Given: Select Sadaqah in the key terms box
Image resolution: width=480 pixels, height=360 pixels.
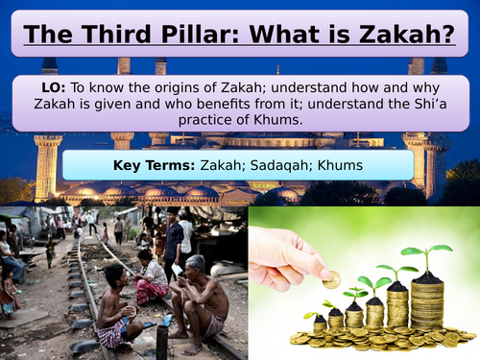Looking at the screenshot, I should [x=283, y=165].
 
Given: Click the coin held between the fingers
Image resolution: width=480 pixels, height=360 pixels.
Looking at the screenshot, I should [x=332, y=280].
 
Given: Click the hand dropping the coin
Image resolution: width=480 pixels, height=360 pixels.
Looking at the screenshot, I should [x=288, y=254].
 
